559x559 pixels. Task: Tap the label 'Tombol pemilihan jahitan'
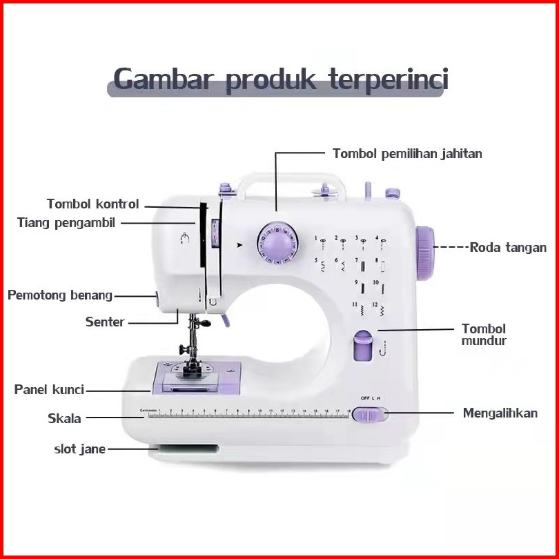tap(407, 154)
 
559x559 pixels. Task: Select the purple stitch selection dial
tap(276, 244)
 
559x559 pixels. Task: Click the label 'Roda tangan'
tap(508, 248)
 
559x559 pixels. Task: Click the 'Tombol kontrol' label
tap(92, 204)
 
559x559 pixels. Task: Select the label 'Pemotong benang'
tap(60, 295)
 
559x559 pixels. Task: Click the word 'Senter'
tap(105, 322)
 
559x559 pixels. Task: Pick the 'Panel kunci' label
tap(49, 390)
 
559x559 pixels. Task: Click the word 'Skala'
tap(64, 418)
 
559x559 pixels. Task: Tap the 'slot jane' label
tap(79, 449)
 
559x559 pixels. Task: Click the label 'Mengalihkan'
tap(500, 413)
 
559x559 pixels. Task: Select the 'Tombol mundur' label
tap(484, 335)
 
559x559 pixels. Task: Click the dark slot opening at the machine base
tap(184, 449)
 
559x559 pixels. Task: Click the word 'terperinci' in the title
tap(388, 80)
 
